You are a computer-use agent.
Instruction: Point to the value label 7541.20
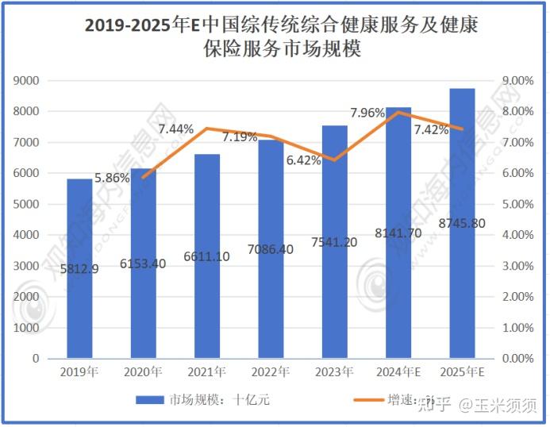pyautogui.click(x=333, y=241)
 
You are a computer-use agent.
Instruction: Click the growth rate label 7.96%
pyautogui.click(x=367, y=113)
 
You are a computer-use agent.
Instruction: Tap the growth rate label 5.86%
pyautogui.click(x=112, y=179)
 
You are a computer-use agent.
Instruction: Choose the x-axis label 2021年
pyautogui.click(x=206, y=371)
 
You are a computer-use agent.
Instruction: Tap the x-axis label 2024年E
pyautogui.click(x=398, y=371)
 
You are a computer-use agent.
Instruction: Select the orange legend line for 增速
pyautogui.click(x=362, y=400)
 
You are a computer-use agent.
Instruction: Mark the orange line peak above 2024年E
pyautogui.click(x=398, y=112)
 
